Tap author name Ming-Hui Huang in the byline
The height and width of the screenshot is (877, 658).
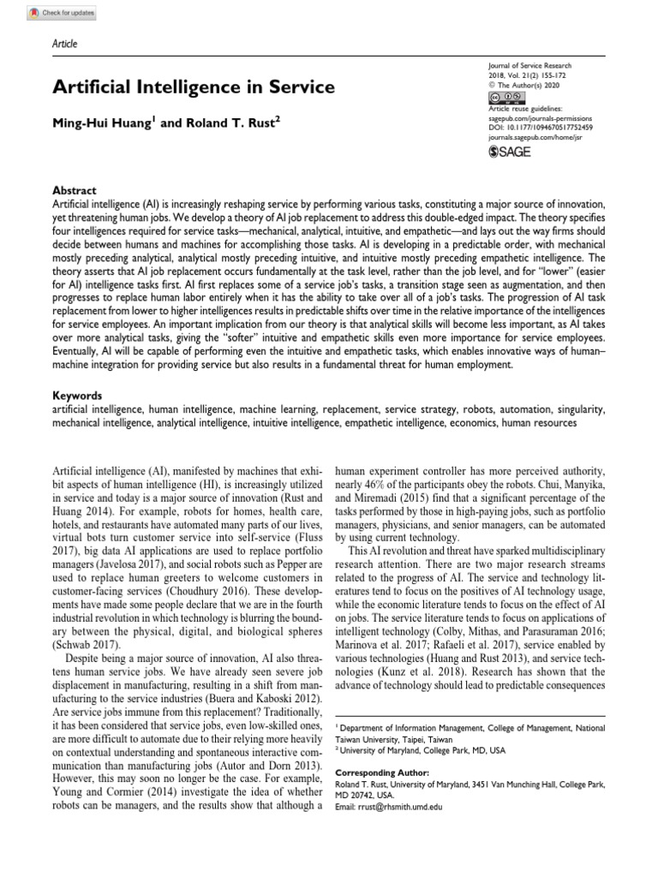[103, 122]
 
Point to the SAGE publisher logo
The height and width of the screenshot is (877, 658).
[511, 152]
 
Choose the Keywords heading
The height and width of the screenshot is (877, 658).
[78, 397]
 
